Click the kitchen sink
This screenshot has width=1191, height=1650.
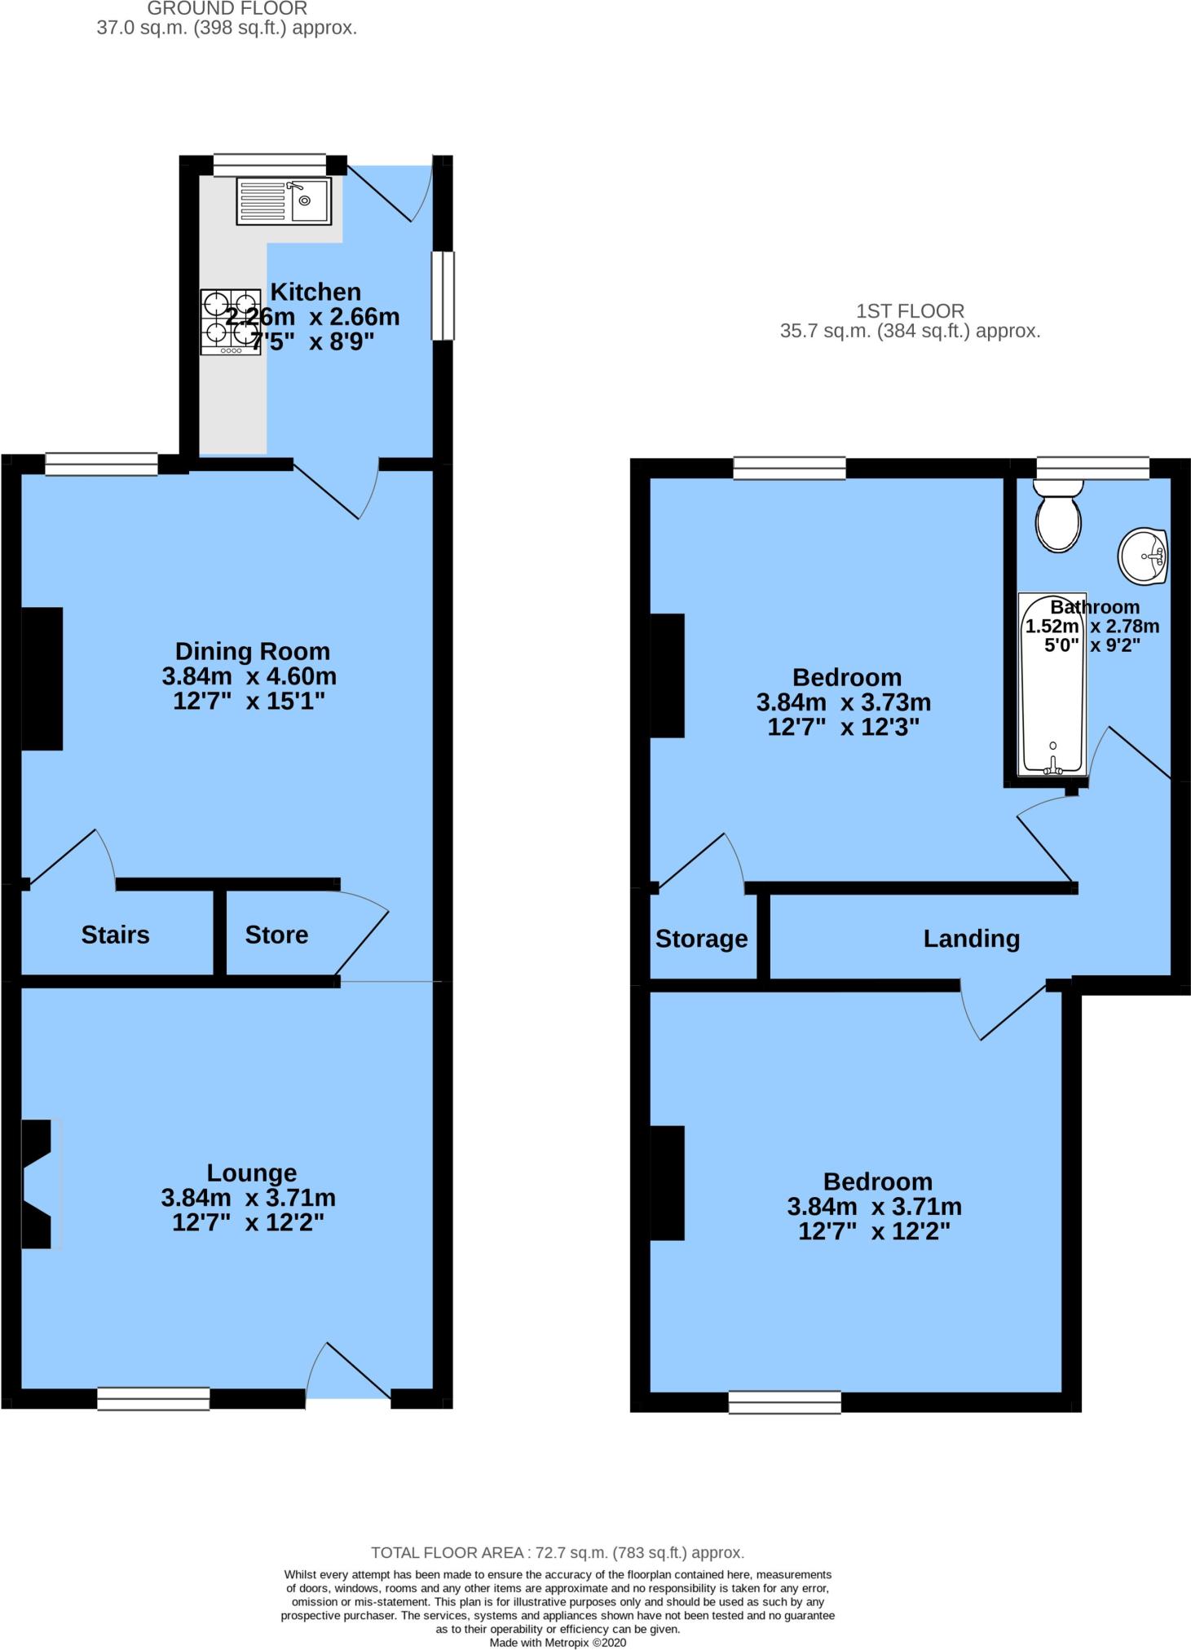[284, 201]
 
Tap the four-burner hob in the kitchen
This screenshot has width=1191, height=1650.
[231, 323]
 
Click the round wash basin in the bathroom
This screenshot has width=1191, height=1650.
[1143, 557]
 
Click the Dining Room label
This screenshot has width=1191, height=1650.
[253, 651]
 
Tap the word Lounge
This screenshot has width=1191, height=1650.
[251, 1173]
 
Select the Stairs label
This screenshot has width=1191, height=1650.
[115, 935]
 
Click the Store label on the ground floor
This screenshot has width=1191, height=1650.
[276, 935]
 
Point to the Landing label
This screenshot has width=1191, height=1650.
[971, 939]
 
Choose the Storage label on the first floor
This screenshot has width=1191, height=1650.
[701, 939]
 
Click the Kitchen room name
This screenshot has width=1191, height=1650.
[315, 292]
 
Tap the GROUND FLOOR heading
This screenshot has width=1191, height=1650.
[227, 9]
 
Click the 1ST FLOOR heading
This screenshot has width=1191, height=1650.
[910, 310]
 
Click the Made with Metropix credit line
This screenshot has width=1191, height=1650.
[558, 1643]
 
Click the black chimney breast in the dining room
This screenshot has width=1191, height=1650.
[42, 678]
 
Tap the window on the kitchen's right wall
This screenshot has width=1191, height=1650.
[443, 296]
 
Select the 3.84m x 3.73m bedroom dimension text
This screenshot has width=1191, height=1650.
[843, 702]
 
